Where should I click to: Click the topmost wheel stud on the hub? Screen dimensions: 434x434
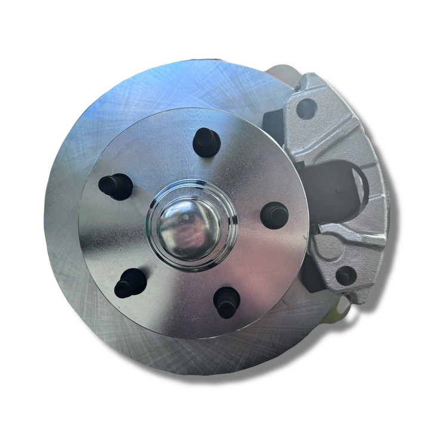tap(206, 142)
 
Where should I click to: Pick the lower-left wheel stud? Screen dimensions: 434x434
tap(130, 283)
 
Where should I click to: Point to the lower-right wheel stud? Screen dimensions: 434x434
tap(227, 302)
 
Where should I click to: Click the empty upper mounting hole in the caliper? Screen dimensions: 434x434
tap(306, 108)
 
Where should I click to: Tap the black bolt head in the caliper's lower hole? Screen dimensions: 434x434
tap(345, 274)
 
